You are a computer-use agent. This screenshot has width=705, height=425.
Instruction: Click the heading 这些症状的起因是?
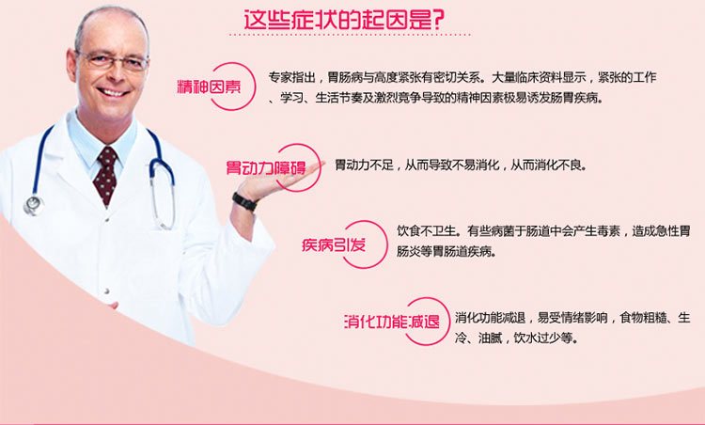click(x=344, y=20)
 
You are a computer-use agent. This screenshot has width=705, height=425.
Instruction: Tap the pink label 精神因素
click(x=209, y=86)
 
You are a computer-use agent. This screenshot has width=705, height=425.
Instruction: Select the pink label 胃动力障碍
click(x=266, y=167)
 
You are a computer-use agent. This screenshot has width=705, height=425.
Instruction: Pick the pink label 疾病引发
click(x=334, y=245)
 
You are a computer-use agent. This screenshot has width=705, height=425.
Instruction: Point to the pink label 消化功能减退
click(x=392, y=322)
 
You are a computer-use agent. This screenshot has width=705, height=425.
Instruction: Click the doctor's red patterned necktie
click(x=105, y=175)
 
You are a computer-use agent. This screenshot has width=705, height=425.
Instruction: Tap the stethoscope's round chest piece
click(x=33, y=205)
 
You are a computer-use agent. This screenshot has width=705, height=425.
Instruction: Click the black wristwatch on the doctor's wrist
click(x=245, y=201)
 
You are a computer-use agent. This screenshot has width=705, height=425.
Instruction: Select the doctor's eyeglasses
click(x=113, y=60)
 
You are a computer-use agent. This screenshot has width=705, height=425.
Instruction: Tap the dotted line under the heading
click(x=350, y=35)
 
